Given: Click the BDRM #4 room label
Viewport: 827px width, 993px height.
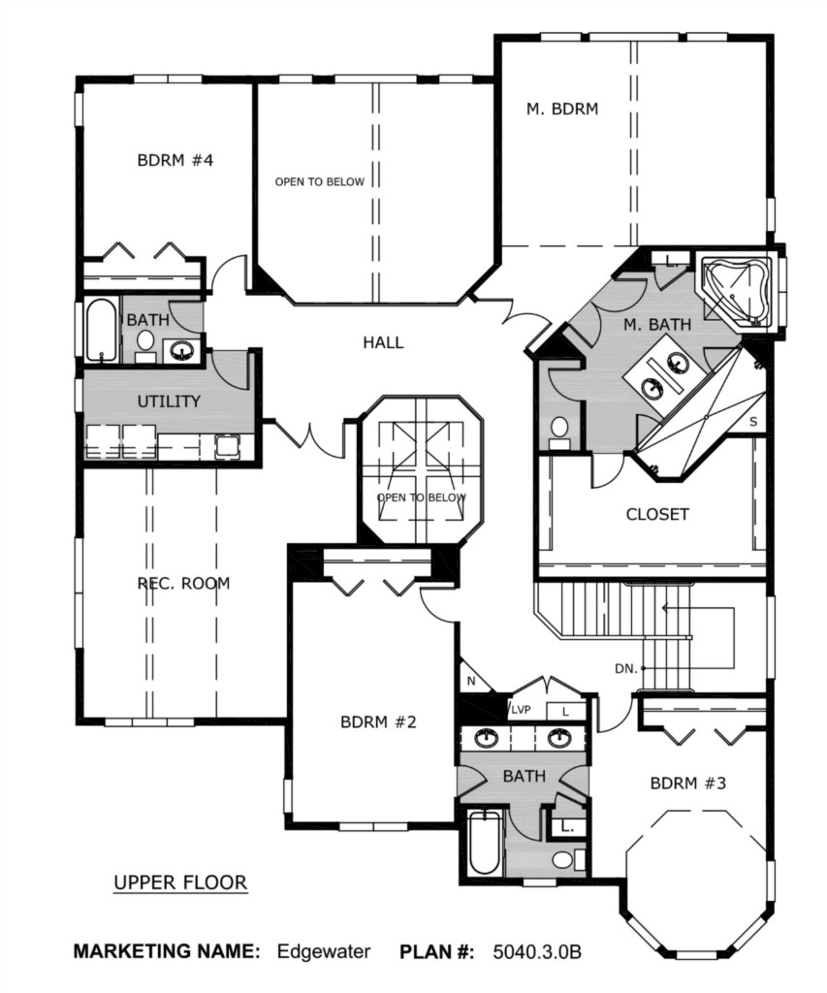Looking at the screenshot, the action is (175, 160).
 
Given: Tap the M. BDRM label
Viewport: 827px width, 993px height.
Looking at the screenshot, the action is (561, 109).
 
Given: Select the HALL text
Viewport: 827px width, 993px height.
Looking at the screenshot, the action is (383, 342).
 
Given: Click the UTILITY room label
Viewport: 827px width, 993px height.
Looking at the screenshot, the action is (169, 400).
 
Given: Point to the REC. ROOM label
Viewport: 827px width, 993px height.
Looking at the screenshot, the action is (183, 583).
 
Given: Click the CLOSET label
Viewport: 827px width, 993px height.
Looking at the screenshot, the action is (656, 514).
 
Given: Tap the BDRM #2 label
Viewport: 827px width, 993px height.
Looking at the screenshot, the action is (378, 721).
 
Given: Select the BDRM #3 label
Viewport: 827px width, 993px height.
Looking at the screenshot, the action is (687, 784).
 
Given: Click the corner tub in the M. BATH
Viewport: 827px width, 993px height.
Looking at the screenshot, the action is (735, 291).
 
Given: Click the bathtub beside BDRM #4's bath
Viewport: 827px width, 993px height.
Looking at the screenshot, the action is (102, 331).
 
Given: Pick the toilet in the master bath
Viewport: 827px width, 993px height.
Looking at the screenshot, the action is (559, 431).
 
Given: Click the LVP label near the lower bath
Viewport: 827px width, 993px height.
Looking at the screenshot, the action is (521, 710).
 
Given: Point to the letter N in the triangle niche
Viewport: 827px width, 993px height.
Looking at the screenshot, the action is (471, 682).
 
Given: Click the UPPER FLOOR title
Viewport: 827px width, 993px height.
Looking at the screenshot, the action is (179, 882).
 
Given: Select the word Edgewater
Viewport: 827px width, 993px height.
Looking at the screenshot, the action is (324, 952).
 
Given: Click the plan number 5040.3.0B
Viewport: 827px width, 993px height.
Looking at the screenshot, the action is (536, 952).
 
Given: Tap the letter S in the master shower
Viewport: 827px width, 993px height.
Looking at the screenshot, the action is (753, 422).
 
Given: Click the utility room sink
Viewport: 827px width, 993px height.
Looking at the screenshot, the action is (227, 446).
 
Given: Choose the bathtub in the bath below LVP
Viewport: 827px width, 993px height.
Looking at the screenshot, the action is (486, 843).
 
